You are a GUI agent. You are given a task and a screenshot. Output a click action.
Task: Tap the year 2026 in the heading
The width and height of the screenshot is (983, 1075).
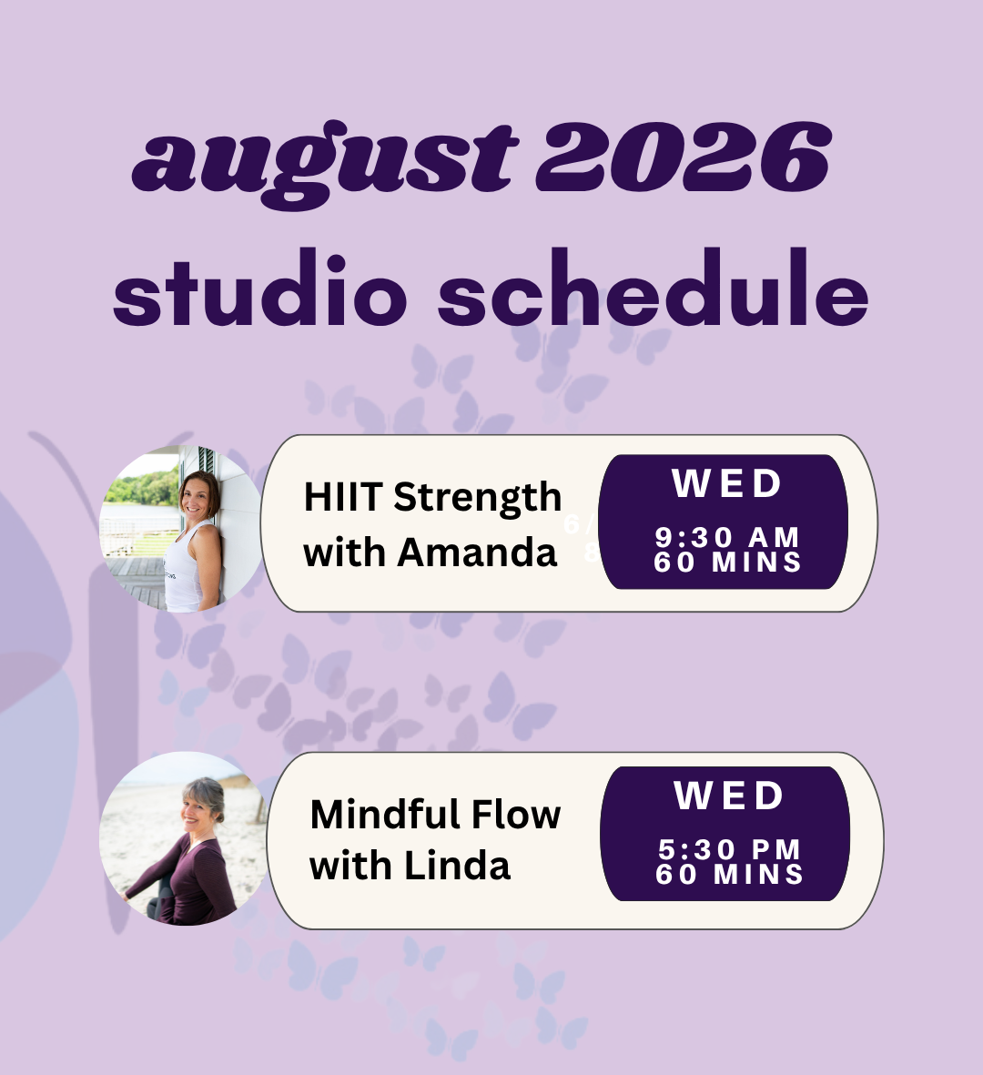pyautogui.click(x=684, y=157)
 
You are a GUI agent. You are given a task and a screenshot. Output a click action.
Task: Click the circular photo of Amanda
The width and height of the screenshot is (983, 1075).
pyautogui.click(x=181, y=528)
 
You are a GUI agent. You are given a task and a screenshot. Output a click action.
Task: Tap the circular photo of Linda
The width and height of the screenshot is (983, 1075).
pyautogui.click(x=183, y=838)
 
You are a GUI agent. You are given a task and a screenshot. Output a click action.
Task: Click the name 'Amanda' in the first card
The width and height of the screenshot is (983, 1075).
pyautogui.click(x=476, y=553)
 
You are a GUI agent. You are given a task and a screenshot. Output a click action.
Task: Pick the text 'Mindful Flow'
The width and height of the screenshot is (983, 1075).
pyautogui.click(x=435, y=815)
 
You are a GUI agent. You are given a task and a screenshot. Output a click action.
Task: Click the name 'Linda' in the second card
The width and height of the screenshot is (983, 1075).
pyautogui.click(x=457, y=866)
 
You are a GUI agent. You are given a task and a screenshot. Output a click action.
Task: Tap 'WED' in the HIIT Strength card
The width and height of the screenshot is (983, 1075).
pyautogui.click(x=726, y=483)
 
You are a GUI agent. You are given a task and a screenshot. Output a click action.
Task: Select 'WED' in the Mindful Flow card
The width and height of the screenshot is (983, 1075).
pyautogui.click(x=729, y=796)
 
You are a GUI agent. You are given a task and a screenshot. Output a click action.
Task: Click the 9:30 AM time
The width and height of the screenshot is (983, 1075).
pyautogui.click(x=727, y=537)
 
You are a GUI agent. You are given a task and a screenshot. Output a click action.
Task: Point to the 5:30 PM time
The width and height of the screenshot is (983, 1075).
pyautogui.click(x=729, y=849)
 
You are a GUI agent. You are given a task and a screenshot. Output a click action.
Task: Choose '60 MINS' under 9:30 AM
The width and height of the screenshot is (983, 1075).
pyautogui.click(x=727, y=563)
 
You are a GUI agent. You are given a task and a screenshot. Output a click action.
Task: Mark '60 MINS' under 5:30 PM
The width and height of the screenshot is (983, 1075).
pyautogui.click(x=729, y=874)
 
